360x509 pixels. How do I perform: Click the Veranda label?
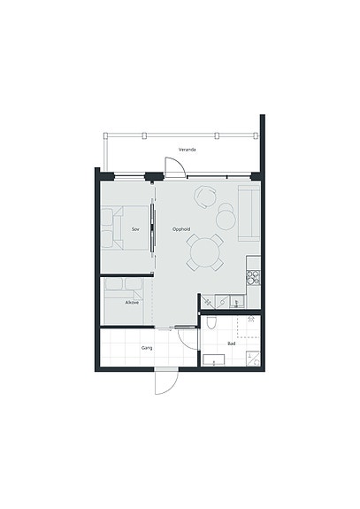coord(188,150)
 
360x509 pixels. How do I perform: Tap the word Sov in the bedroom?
coord(135,229)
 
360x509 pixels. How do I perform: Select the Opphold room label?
coord(181,229)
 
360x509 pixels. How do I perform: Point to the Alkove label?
coord(132,303)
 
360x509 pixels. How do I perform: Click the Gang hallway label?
coord(147,348)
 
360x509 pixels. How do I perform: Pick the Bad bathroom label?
coord(232,343)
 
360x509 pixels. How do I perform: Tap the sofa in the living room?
coord(249,213)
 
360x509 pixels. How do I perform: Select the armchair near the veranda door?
coord(205,197)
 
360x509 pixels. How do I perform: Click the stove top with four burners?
coord(254,278)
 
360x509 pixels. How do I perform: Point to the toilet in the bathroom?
coord(211,322)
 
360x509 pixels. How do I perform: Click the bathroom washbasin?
coord(214,359)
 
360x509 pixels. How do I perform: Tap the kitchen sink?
coord(237,302)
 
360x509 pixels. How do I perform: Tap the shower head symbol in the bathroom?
coord(251,319)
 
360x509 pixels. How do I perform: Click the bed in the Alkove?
coord(124,301)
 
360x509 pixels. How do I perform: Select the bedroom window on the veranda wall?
coord(130,177)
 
